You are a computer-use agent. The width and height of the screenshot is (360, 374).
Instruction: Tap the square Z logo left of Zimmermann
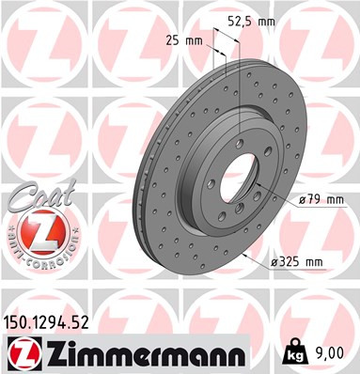click(x=21, y=353)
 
